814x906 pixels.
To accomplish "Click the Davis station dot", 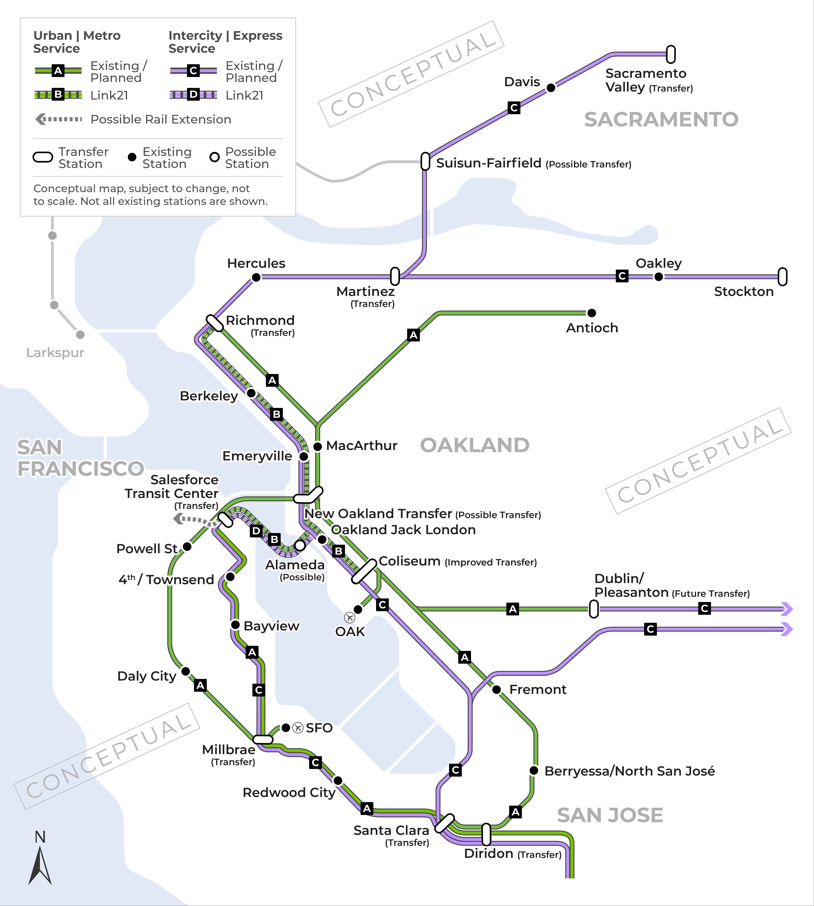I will [551, 88].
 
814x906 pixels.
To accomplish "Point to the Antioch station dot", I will [591, 313].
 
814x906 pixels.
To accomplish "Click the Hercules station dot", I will [256, 278].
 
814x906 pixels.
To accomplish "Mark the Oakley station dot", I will [658, 277].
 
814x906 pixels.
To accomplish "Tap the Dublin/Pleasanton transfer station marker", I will [594, 609].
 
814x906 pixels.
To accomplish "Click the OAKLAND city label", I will [474, 445].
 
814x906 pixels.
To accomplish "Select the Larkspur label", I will [55, 353].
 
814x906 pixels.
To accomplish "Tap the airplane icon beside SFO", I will [298, 728].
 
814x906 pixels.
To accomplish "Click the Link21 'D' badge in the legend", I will [193, 94].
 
